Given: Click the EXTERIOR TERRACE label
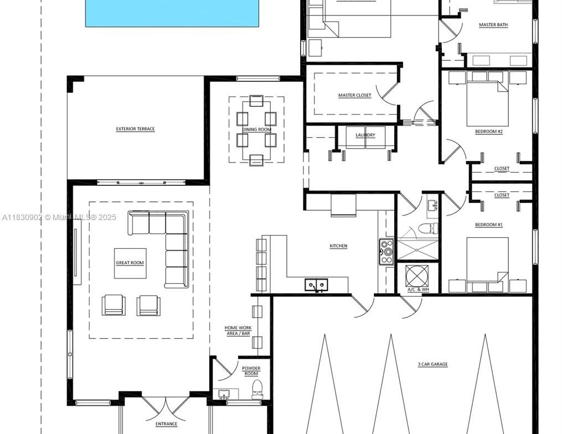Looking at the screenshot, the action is click(x=136, y=129).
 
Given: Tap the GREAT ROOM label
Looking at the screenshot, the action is click(x=130, y=263).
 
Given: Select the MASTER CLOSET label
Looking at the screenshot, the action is click(x=355, y=95).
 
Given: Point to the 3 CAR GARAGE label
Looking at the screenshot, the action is click(x=432, y=364).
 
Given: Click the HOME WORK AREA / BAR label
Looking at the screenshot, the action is click(x=238, y=331).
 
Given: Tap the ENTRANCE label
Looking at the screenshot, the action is click(x=166, y=424).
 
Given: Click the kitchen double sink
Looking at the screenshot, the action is click(x=316, y=285).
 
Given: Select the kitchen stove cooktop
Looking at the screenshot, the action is click(x=386, y=252).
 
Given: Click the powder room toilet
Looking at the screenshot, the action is click(x=257, y=389).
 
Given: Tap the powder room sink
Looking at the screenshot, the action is click(x=224, y=394).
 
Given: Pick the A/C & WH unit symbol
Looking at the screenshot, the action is click(x=417, y=276).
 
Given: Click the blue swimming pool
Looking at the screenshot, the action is click(x=172, y=13).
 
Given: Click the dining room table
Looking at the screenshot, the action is click(x=256, y=130).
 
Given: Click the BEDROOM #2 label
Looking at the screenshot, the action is click(x=489, y=132).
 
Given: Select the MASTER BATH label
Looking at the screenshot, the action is click(x=493, y=25).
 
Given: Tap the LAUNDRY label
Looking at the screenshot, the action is click(x=365, y=135).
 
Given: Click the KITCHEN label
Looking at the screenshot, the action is click(x=338, y=246).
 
